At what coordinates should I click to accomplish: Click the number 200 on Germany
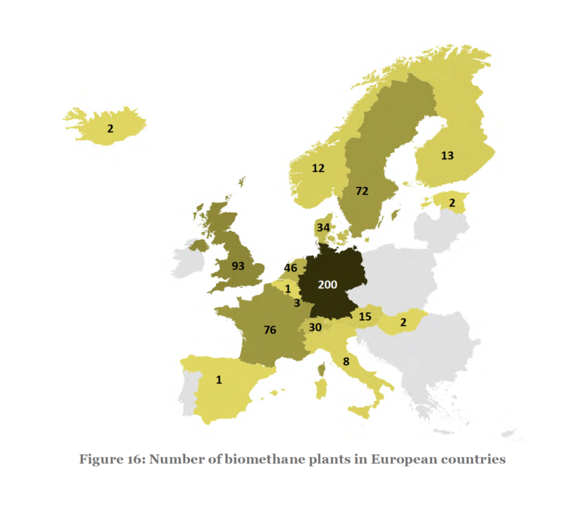(329, 286)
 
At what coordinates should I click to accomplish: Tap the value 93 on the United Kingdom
(239, 266)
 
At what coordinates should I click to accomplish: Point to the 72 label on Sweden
(362, 192)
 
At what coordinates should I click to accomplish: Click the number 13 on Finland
(447, 155)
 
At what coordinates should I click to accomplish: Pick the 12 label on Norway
(319, 167)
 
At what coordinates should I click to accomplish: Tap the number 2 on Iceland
(110, 129)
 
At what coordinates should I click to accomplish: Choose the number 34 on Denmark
(323, 227)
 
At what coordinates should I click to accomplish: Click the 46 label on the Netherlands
(291, 268)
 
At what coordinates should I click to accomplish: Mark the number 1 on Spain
(219, 379)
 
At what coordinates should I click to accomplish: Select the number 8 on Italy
(345, 362)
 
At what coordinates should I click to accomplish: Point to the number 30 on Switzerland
(315, 327)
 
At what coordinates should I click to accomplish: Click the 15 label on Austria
(366, 317)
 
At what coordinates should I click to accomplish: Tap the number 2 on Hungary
(403, 322)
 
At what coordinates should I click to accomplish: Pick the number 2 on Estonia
(452, 203)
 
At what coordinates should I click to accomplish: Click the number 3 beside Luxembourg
(298, 303)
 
